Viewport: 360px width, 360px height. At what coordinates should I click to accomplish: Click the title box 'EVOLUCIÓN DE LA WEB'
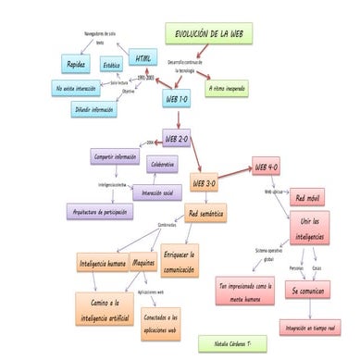coord(211,35)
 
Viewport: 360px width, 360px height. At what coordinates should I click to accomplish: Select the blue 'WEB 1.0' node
coord(177,96)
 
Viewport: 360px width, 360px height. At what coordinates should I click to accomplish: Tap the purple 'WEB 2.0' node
coord(178,139)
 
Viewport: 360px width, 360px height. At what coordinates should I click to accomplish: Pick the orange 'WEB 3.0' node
coord(205,183)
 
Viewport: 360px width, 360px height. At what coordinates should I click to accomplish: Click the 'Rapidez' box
coord(76,64)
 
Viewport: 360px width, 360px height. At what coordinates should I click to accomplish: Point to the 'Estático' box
coord(112,66)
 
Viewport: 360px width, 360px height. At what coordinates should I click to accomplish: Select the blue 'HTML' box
coord(143,58)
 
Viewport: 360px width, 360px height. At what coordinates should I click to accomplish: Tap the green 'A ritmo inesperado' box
coord(226,89)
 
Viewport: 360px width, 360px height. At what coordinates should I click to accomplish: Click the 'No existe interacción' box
coord(78,88)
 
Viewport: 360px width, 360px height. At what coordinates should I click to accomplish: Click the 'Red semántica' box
coord(205,213)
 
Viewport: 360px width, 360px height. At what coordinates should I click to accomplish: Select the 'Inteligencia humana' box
coord(103,264)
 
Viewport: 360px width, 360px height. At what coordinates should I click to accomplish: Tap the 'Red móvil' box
coord(308,198)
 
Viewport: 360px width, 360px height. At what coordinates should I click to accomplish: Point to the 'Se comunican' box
coord(307,291)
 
